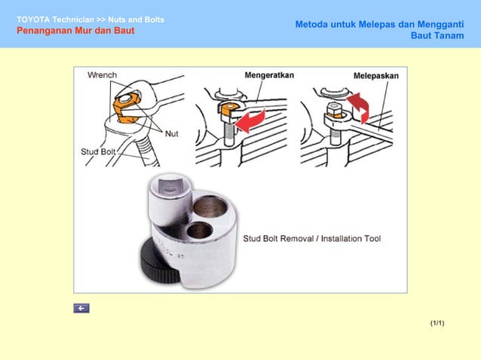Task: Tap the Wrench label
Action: click(x=102, y=75)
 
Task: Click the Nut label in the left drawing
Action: click(x=172, y=134)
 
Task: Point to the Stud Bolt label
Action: click(x=97, y=151)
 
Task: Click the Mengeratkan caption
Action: click(x=269, y=75)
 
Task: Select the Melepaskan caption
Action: click(x=376, y=76)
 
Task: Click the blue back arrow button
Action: click(x=81, y=308)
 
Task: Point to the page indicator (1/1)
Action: click(x=437, y=323)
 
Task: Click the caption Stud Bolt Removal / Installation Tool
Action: click(x=311, y=239)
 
